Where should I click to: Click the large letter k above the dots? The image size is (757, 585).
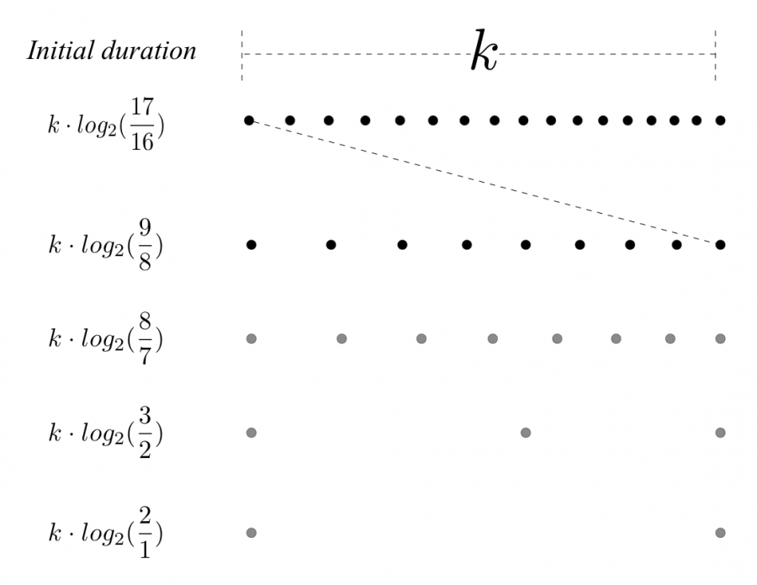484,52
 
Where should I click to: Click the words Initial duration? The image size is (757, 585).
112,51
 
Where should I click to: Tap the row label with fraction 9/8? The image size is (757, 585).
106,245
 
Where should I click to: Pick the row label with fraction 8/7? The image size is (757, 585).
106,339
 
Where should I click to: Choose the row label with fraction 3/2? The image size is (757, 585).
106,433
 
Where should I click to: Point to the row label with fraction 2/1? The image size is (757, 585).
106,533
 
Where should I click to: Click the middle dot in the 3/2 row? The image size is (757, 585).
526,433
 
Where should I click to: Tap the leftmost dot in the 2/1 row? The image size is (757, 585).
250,532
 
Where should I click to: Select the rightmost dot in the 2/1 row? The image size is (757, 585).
721,532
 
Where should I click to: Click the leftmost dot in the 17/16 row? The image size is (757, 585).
249,120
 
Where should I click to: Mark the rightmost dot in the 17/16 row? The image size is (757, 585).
721,120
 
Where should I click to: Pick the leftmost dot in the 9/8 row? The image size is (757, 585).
250,245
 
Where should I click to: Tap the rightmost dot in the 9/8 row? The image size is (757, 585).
721,245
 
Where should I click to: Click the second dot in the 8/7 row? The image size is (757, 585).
341,338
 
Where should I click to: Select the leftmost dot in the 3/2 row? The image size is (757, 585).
250,433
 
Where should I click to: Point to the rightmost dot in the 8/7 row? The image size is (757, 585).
721,338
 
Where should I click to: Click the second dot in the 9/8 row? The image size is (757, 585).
331,245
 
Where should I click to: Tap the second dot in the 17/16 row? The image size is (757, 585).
290,120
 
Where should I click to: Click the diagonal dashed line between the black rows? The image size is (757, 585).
484,182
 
